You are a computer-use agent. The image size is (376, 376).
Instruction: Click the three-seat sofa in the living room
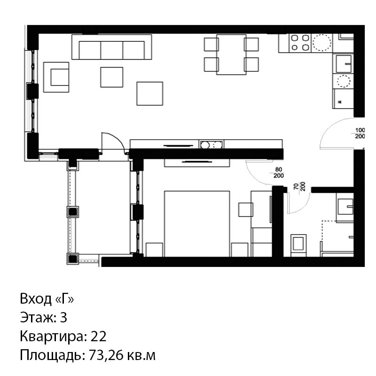click(112, 47)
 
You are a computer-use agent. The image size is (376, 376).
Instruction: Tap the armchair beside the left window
click(56, 77)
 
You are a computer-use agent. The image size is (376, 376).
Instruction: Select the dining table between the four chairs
click(231, 55)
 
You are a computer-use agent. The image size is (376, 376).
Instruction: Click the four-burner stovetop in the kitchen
click(300, 43)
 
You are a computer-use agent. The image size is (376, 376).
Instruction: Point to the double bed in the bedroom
click(197, 224)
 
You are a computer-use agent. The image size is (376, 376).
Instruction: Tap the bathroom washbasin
click(345, 207)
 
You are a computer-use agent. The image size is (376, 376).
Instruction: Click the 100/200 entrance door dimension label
click(360, 133)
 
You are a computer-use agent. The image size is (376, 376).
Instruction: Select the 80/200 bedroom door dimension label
click(278, 172)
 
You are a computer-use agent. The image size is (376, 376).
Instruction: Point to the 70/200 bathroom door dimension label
click(299, 186)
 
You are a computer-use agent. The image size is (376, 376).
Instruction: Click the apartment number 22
click(98, 336)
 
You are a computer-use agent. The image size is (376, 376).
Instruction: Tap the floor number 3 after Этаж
click(63, 317)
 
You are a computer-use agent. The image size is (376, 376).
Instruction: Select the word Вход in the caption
click(36, 299)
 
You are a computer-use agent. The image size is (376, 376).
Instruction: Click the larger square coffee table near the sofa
click(150, 94)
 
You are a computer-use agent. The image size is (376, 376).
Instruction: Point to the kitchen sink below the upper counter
click(344, 63)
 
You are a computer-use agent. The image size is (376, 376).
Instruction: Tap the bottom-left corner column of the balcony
click(73, 258)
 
